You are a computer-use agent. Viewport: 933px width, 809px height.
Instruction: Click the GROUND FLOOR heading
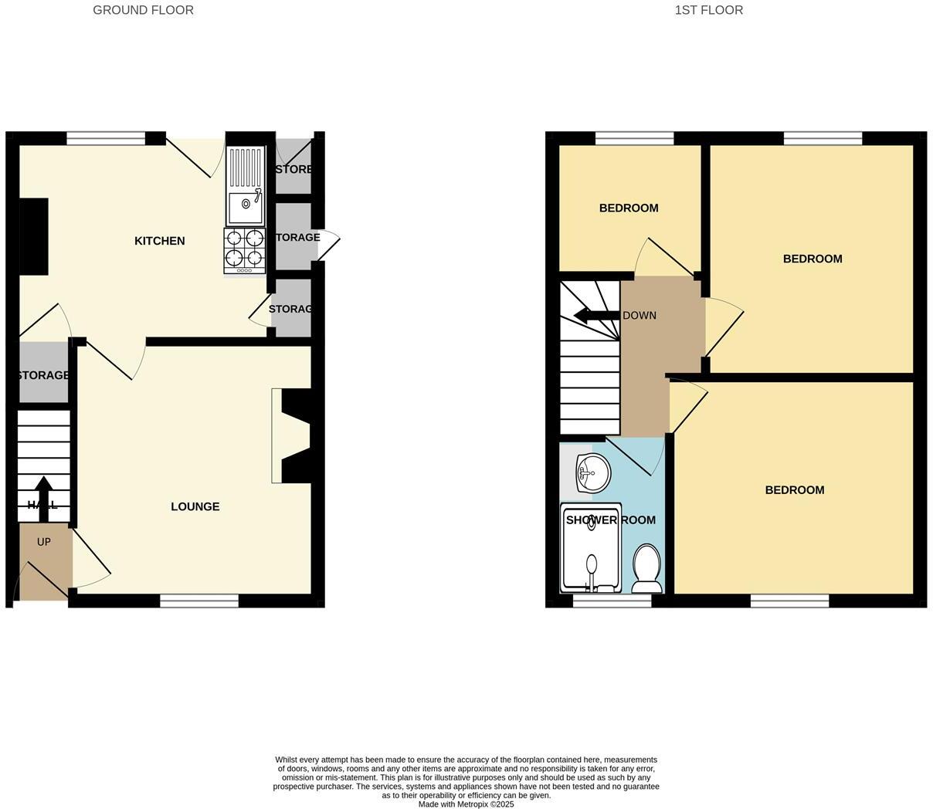click(x=143, y=10)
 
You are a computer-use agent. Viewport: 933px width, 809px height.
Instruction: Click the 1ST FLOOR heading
click(x=708, y=10)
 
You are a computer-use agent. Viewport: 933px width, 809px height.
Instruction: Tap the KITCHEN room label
click(x=159, y=241)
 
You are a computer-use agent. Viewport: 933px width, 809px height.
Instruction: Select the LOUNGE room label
click(x=195, y=506)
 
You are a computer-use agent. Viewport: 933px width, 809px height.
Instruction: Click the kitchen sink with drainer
click(x=245, y=185)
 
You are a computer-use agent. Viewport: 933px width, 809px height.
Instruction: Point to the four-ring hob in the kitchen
click(x=245, y=249)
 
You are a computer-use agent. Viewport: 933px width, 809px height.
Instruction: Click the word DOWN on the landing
click(x=640, y=315)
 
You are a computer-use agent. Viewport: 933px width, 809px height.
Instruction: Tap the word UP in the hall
click(x=44, y=542)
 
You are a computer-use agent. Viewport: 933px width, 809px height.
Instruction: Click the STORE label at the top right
click(x=293, y=169)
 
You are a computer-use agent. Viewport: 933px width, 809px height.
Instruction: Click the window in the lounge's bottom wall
click(x=199, y=601)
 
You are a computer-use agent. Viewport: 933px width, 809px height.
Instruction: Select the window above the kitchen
click(x=106, y=138)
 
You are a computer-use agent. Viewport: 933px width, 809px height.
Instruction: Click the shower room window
click(x=612, y=601)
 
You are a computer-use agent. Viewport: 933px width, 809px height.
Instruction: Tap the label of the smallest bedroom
click(x=629, y=208)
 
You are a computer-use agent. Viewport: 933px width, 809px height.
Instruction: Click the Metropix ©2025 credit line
click(x=466, y=804)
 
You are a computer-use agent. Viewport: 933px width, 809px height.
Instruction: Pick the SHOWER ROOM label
click(x=610, y=520)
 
